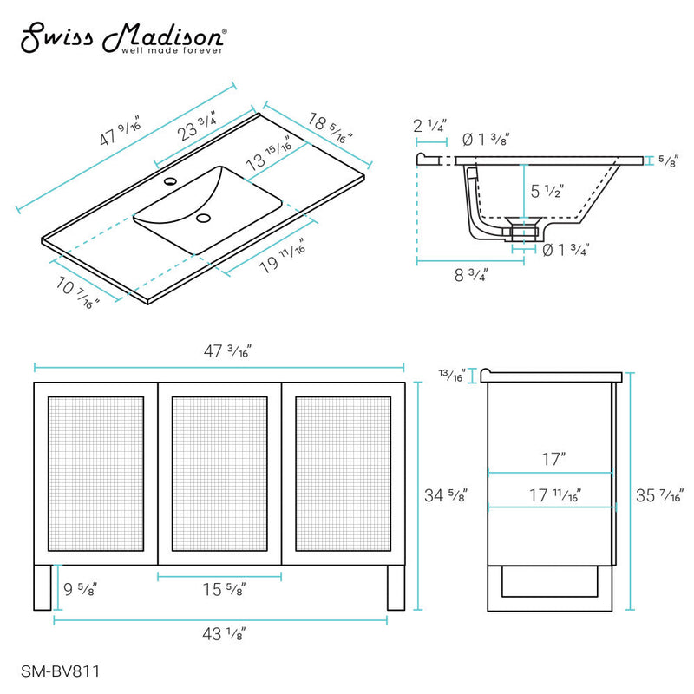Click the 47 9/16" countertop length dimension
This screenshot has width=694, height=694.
pos(121,133)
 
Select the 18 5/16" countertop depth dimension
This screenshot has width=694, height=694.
pos(330,126)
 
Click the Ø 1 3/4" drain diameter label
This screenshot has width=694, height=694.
pos(566,250)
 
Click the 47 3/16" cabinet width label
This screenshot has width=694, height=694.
pos(223,351)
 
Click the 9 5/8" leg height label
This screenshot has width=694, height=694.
pos(79,589)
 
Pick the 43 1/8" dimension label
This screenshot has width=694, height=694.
pos(222,634)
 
